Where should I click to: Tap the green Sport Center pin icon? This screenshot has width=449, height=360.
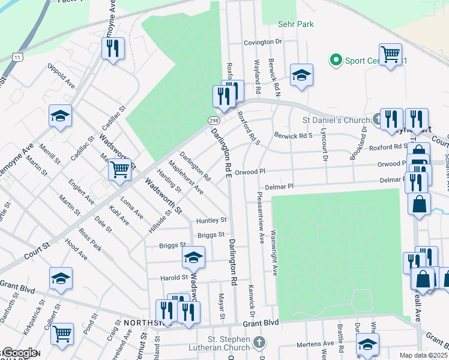pyautogui.click(x=335, y=60)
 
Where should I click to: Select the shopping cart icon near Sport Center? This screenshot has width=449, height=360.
pyautogui.click(x=390, y=55)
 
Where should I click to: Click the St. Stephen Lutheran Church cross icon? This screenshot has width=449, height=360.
pyautogui.click(x=259, y=343)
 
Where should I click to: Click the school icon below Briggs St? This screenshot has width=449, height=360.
pyautogui.click(x=193, y=257)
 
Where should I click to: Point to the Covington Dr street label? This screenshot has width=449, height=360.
pyautogui.click(x=262, y=42)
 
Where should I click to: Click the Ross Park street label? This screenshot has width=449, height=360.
pyautogui.click(x=93, y=239)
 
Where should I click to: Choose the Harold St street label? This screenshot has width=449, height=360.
pyautogui.click(x=174, y=278)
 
